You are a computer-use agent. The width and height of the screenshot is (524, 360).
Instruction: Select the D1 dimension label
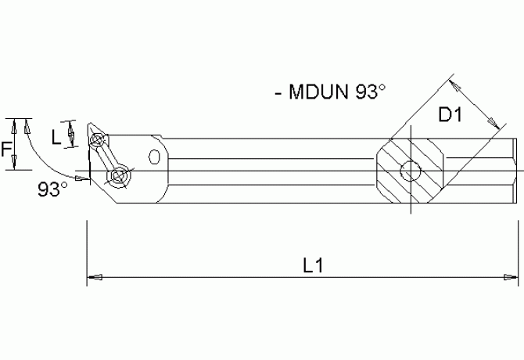coord(450,115)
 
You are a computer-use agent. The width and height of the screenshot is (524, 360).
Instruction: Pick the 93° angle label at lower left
coord(52,189)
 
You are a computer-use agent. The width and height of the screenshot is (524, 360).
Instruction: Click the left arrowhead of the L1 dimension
coord(92,276)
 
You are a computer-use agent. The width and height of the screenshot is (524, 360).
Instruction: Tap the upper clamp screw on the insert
coord(97,142)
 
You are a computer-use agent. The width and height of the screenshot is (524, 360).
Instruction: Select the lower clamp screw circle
coord(119,178)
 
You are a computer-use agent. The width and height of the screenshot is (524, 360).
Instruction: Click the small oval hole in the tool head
coord(154,158)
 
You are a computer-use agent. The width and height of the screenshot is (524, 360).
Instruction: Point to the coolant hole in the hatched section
coord(411,171)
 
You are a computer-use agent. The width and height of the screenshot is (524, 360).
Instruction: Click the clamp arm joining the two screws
coord(107,159)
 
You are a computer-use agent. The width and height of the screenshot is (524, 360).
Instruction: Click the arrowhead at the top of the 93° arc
coord(27,123)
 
